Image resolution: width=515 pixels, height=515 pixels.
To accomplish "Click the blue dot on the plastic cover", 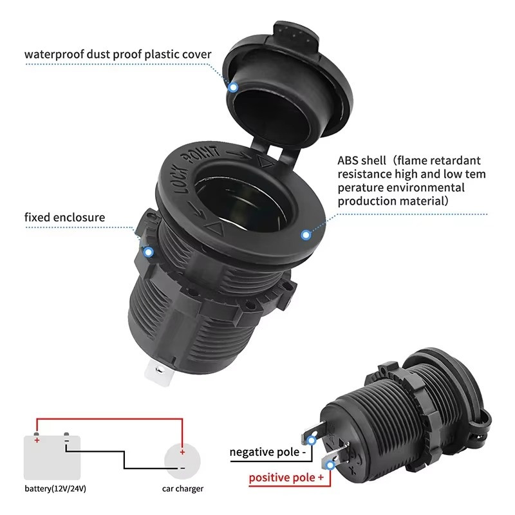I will pos(233,86).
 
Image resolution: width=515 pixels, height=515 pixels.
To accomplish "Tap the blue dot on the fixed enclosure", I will pos(148,252).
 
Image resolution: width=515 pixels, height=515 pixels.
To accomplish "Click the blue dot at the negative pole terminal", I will pos(312,440).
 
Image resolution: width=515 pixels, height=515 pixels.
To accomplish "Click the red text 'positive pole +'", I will pos(286,478).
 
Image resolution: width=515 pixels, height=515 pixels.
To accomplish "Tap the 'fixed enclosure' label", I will pos(64,217).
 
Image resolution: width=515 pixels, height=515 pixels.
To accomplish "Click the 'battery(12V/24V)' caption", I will pos(55,489).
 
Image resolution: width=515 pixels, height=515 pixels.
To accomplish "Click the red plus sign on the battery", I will pos(37,440).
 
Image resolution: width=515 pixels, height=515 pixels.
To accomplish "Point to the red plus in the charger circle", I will pos(182,452).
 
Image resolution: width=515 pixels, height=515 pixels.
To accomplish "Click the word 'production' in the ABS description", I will pos(368,201).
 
